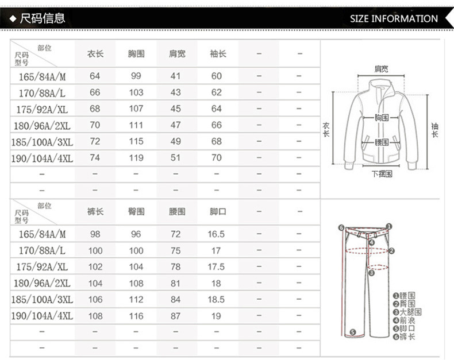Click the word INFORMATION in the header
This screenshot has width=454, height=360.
405,19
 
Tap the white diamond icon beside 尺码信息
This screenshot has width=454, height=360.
13,19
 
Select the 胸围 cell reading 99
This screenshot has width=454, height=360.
136,76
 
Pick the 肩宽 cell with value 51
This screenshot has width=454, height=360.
175,158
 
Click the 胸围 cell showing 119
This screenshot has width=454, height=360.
136,158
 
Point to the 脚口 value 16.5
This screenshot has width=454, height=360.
216,234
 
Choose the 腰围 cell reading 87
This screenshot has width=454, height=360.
175,316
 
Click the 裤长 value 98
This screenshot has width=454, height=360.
95,234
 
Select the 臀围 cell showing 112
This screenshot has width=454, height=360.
136,300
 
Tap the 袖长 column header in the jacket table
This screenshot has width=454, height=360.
218,54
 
